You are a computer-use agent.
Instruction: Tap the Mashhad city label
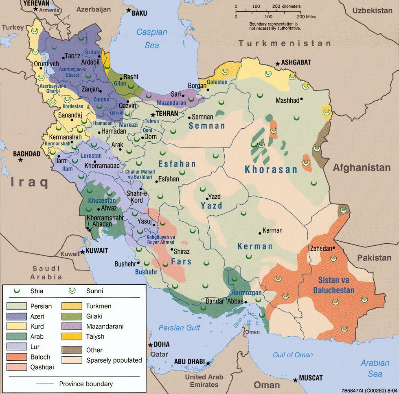click(287, 100)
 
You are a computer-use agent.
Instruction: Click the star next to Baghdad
click(20, 160)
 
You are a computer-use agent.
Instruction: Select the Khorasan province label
click(271, 170)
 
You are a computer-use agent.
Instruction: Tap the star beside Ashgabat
click(277, 63)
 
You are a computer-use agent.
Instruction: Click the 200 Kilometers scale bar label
click(286, 6)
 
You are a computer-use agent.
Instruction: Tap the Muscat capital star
click(296, 380)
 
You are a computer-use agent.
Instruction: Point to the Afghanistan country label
click(362, 168)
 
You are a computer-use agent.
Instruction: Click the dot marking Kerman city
click(260, 233)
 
